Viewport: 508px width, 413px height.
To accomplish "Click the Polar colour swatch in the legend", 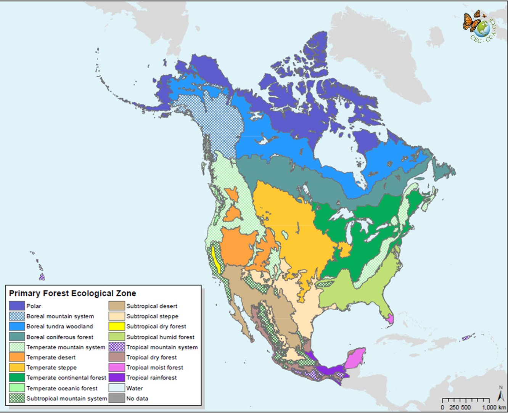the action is click(17, 306).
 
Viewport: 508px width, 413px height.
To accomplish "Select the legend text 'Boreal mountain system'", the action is click(60, 316).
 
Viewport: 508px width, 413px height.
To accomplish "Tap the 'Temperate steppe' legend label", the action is click(51, 368).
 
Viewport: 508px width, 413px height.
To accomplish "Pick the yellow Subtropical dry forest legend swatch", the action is click(117, 326).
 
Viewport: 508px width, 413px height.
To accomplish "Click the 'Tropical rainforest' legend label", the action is click(151, 378).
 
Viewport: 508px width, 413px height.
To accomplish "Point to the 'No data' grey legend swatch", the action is click(117, 399).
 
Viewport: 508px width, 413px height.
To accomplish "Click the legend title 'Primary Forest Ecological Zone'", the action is click(72, 293).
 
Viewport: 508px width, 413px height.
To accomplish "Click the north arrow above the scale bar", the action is click(501, 392).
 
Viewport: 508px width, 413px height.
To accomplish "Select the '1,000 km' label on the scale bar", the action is click(494, 407).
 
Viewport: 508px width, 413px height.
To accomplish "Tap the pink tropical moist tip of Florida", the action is click(390, 318).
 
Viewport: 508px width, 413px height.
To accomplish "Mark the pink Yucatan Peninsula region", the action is click(355, 357).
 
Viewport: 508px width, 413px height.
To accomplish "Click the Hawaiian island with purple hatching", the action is click(42, 276).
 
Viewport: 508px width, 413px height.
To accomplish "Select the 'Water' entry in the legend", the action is click(134, 388).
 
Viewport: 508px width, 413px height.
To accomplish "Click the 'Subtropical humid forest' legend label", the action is click(160, 337).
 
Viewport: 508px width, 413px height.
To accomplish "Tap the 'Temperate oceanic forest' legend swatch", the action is click(17, 388).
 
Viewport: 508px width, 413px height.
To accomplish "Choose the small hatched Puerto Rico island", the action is click(467, 338).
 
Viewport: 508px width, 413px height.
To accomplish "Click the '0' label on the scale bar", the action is click(442, 407).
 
